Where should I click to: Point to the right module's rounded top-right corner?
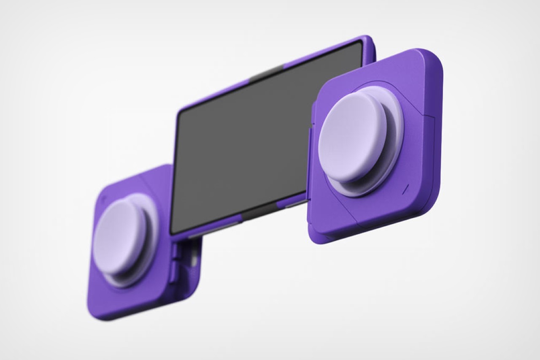click(435, 59)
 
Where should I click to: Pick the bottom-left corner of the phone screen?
click(173, 230)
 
